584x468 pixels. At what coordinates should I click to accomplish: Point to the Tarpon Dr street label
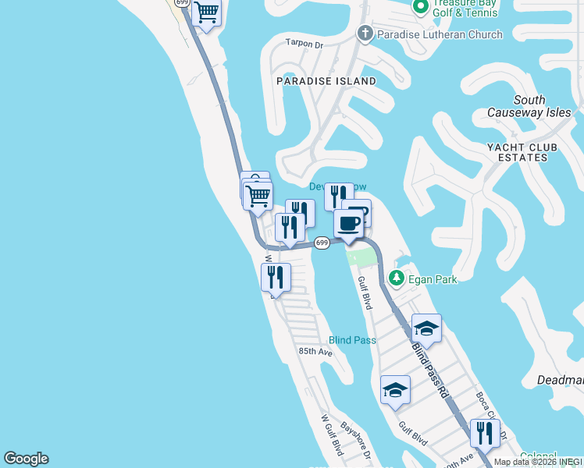pyautogui.click(x=304, y=44)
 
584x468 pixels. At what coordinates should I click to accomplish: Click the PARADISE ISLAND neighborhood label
pyautogui.click(x=326, y=81)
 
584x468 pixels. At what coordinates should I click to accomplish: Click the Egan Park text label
pyautogui.click(x=433, y=278)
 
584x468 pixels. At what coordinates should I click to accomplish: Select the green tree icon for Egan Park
pyautogui.click(x=397, y=278)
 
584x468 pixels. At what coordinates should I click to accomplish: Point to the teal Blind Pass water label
pyautogui.click(x=352, y=340)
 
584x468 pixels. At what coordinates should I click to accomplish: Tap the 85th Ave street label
pyautogui.click(x=315, y=352)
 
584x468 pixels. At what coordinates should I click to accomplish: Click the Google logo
pyautogui.click(x=26, y=459)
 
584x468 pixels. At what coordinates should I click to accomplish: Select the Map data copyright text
pyautogui.click(x=538, y=462)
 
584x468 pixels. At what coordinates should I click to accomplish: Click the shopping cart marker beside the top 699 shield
pyautogui.click(x=207, y=12)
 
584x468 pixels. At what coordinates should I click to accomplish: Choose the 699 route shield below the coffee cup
pyautogui.click(x=322, y=243)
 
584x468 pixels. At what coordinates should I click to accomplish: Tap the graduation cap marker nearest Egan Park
pyautogui.click(x=426, y=328)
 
